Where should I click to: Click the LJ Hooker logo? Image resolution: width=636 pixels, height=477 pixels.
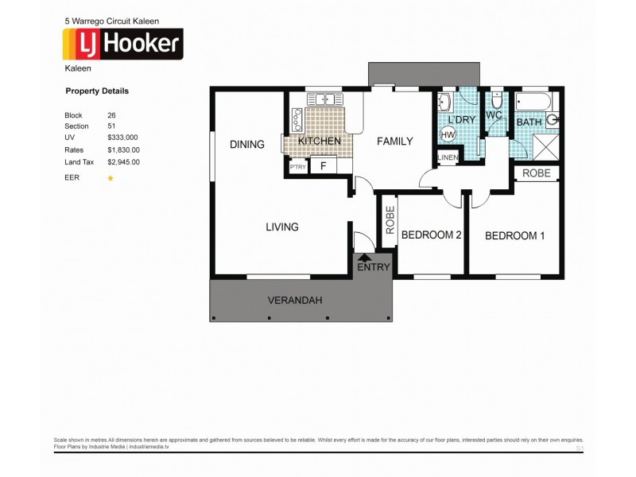[123, 45]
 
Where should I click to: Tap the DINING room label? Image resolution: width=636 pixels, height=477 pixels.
[246, 144]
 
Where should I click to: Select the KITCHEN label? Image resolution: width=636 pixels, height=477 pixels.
[320, 141]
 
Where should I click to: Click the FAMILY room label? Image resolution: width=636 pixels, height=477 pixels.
[394, 142]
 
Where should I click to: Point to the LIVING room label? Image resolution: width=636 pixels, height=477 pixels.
[281, 227]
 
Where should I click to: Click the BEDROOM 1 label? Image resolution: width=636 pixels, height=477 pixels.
[514, 235]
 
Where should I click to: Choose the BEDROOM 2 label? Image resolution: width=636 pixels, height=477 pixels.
[431, 235]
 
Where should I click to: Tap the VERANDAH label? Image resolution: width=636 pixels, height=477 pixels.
[295, 300]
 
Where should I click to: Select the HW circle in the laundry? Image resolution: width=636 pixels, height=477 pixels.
[448, 135]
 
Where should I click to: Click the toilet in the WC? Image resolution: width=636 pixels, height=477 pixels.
[496, 102]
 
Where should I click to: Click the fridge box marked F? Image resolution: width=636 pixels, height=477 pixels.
[323, 166]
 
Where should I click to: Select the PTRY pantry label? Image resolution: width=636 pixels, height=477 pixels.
[298, 167]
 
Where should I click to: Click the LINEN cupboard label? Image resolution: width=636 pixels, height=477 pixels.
[448, 160]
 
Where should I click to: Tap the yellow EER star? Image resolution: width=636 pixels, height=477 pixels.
[111, 178]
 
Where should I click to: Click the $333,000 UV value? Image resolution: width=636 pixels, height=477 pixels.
[122, 138]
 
